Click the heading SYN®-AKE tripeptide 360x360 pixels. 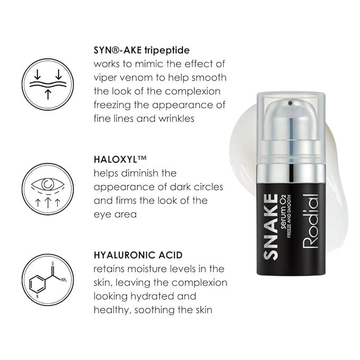tap(142, 50)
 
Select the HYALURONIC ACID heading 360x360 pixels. tap(138, 255)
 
